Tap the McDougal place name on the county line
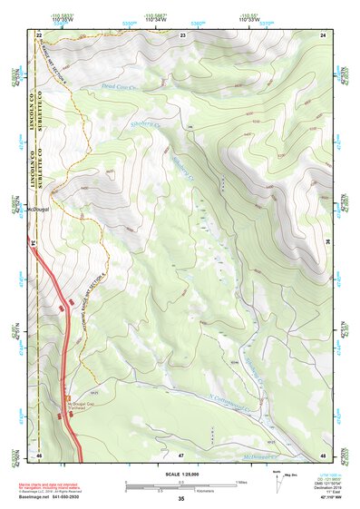pos(43,208)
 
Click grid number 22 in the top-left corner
pos(39,34)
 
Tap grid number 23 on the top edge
pos(182,34)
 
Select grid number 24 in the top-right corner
pos(323,34)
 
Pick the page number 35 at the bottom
pos(180,499)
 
